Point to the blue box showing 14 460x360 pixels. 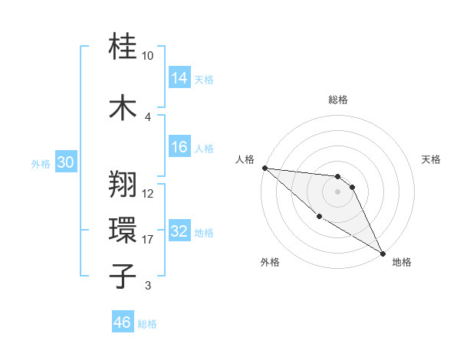tap(179, 78)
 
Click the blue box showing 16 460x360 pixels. tap(179, 147)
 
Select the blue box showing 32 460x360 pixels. tap(179, 232)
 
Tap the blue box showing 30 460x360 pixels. tap(65, 163)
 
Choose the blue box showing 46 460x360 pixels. tap(123, 322)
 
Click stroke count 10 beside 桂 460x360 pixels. tap(147, 56)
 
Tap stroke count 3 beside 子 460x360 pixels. tap(147, 286)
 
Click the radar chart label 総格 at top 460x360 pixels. tap(338, 100)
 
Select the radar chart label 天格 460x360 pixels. tap(431, 159)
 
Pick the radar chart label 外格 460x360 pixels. tap(269, 262)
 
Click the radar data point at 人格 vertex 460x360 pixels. tap(264, 168)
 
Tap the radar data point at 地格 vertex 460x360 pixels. tap(383, 253)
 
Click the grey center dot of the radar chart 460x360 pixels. tap(337, 191)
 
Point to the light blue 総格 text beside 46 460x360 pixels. tap(147, 324)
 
